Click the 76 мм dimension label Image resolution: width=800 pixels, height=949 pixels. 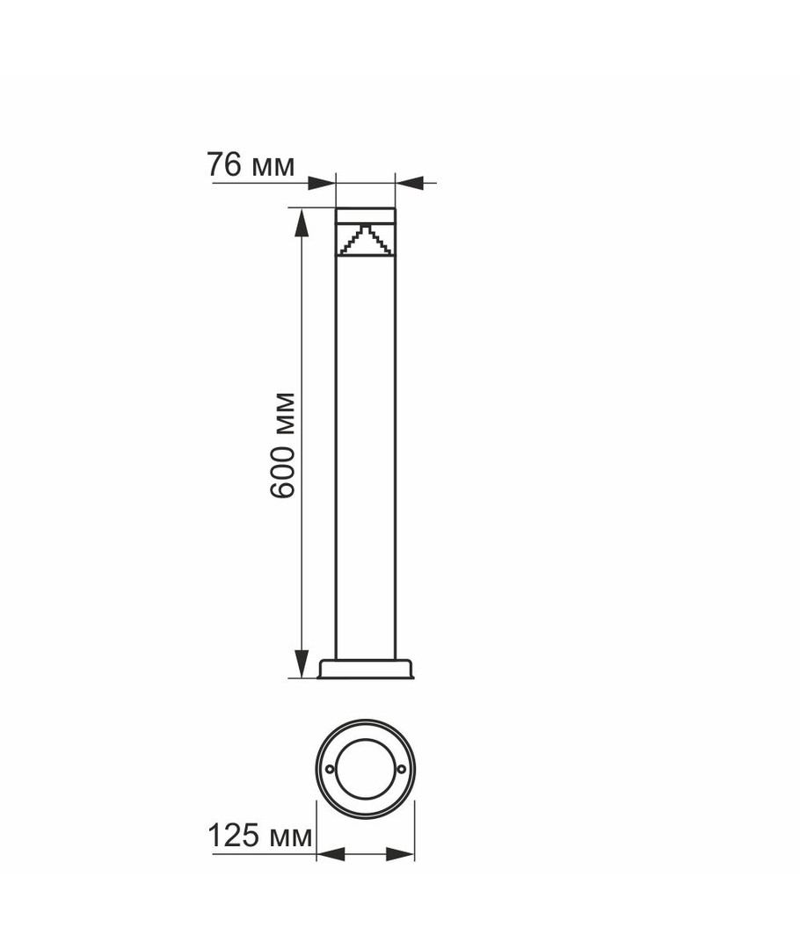tap(251, 164)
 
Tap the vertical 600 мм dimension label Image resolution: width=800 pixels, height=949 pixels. tap(282, 446)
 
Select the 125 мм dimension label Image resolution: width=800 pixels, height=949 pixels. tap(260, 836)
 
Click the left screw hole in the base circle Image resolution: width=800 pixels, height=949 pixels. tap(330, 769)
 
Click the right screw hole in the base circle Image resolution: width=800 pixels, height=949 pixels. tap(402, 769)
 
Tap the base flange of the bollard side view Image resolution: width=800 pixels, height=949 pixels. tap(366, 668)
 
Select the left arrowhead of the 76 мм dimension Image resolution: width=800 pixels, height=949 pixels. tap(322, 182)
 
